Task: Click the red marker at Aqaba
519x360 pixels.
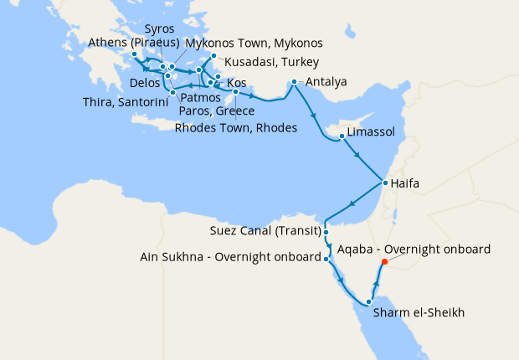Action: click(384, 261)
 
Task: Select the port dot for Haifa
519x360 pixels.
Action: click(383, 183)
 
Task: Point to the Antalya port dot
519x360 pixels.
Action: click(294, 82)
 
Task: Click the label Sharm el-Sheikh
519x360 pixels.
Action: click(419, 313)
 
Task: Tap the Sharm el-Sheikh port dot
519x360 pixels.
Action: click(368, 302)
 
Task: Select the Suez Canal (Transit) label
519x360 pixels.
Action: click(265, 231)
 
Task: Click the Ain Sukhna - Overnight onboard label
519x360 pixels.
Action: click(230, 258)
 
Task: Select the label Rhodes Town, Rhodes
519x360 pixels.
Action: click(236, 128)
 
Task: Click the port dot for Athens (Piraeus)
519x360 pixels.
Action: click(135, 54)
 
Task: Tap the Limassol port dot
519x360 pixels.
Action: click(342, 136)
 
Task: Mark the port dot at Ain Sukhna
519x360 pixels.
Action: click(326, 259)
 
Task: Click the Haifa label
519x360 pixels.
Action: click(407, 183)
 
